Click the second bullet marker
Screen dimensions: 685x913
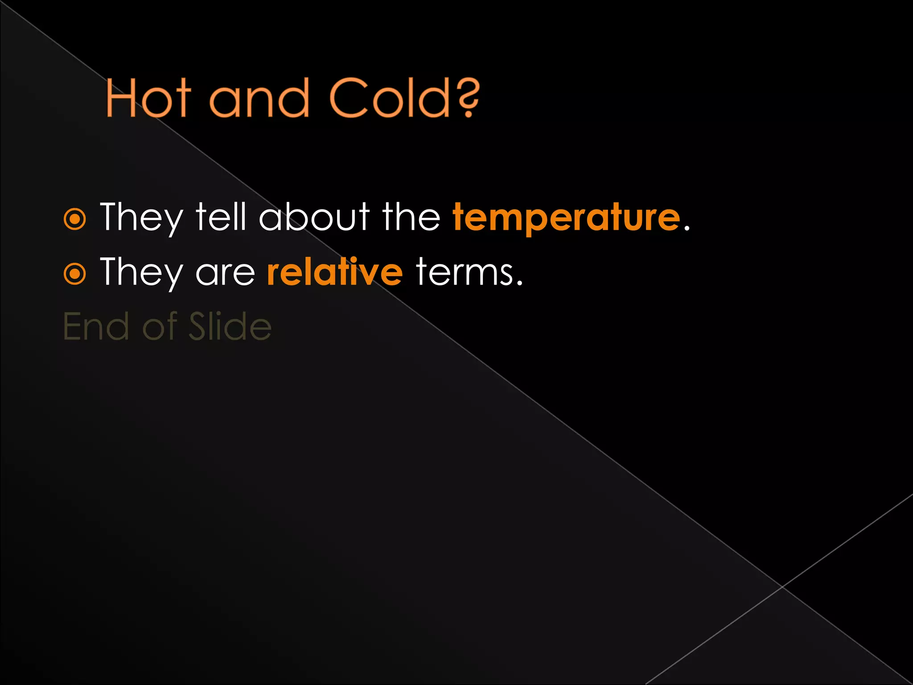pyautogui.click(x=74, y=274)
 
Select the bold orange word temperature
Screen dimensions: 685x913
pyautogui.click(x=566, y=218)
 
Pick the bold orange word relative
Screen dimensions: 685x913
pyautogui.click(x=335, y=272)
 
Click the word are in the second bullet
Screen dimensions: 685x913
pyautogui.click(x=225, y=273)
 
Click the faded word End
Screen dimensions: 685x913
pyautogui.click(x=96, y=327)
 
